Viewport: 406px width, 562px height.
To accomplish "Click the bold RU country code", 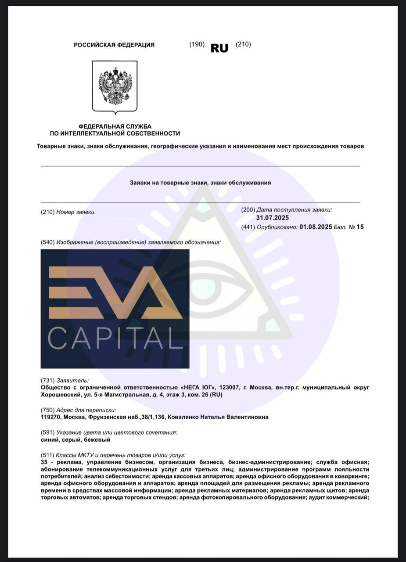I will click(x=219, y=48).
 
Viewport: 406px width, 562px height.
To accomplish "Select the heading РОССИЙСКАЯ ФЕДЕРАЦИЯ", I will click(x=114, y=45).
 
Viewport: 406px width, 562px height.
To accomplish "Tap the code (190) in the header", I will click(x=197, y=44).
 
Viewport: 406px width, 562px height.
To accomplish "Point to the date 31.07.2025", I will click(x=273, y=218).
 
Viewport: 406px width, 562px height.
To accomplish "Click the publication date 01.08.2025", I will click(x=316, y=227).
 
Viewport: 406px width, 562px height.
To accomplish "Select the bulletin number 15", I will click(x=360, y=227).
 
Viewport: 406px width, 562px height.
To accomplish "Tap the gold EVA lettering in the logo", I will click(x=115, y=292).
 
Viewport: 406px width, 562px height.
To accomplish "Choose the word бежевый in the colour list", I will click(x=97, y=440).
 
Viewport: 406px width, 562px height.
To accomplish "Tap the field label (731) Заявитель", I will click(x=65, y=380).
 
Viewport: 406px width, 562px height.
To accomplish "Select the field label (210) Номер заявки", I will click(x=68, y=212).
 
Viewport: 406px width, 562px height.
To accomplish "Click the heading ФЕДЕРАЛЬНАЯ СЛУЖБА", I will click(x=115, y=126).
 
